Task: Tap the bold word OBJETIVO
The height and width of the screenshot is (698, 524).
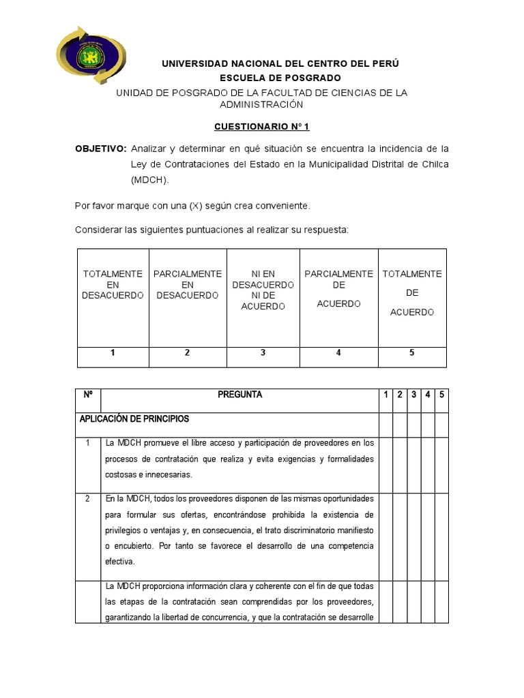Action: [x=100, y=149]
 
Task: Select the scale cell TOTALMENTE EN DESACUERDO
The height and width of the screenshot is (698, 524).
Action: [x=113, y=285]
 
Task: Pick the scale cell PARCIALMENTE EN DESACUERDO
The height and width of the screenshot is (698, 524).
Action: [x=188, y=285]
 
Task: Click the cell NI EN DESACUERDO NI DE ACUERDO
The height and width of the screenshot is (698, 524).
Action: [x=263, y=290]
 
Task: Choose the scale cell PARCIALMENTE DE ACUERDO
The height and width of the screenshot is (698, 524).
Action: [x=338, y=288]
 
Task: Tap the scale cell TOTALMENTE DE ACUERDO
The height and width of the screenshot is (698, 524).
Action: [x=412, y=292]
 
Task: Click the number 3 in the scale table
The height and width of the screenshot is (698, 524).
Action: [x=263, y=353]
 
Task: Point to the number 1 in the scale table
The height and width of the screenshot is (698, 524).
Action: [x=113, y=353]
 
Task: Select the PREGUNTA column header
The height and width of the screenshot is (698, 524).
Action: [x=239, y=395]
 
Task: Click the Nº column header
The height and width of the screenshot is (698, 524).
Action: [x=87, y=395]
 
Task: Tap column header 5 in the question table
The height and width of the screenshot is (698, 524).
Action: [x=442, y=395]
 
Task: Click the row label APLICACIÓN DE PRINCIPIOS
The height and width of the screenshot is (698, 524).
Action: [x=134, y=419]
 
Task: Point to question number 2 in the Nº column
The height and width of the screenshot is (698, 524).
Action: [x=87, y=498]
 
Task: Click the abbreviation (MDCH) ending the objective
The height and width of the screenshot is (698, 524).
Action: [x=149, y=180]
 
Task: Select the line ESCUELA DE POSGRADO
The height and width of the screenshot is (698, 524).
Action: [x=280, y=78]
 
